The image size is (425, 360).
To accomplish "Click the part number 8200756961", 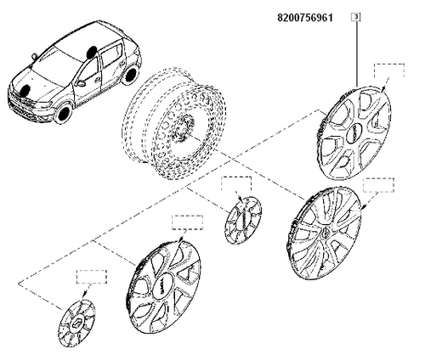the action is tap(305, 18).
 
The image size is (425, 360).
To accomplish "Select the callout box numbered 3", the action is tap(356, 17).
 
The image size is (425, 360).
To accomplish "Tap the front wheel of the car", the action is tap(63, 113).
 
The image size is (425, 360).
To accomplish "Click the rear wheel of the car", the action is tap(130, 76).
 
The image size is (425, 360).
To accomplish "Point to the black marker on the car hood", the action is tap(25, 90).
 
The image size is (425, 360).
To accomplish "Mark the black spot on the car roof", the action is tap(92, 52).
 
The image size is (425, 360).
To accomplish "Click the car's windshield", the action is tap(57, 64).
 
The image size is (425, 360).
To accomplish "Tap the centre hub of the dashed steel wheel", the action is tap(184, 127).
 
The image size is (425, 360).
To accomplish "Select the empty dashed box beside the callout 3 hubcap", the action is tap(389, 70).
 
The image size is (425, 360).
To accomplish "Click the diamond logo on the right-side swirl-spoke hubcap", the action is tap(324, 233).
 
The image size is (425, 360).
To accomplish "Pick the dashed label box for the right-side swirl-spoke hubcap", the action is tap(378, 185).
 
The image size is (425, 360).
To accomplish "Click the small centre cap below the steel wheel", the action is tap(243, 220).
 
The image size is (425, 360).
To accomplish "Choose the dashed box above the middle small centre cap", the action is tap(236, 183).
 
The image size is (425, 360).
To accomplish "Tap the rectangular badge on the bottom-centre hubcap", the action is tap(162, 286).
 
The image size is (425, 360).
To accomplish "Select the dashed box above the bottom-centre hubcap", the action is tap(188, 222).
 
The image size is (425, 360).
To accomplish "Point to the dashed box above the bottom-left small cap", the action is tap(92, 277).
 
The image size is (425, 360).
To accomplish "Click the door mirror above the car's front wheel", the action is tap(81, 83).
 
